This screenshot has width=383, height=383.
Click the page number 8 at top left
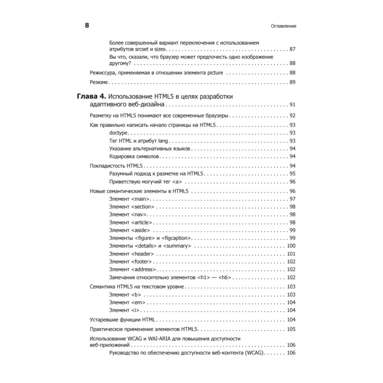click(87, 26)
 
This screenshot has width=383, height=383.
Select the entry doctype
click(118, 133)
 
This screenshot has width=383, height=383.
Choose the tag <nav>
click(139, 214)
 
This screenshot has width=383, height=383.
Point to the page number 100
click(291, 246)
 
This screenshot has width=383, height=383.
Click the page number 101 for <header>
click(291, 254)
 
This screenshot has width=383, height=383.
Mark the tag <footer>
click(141, 262)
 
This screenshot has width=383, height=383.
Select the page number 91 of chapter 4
click(292, 105)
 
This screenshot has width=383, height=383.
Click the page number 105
click(291, 329)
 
